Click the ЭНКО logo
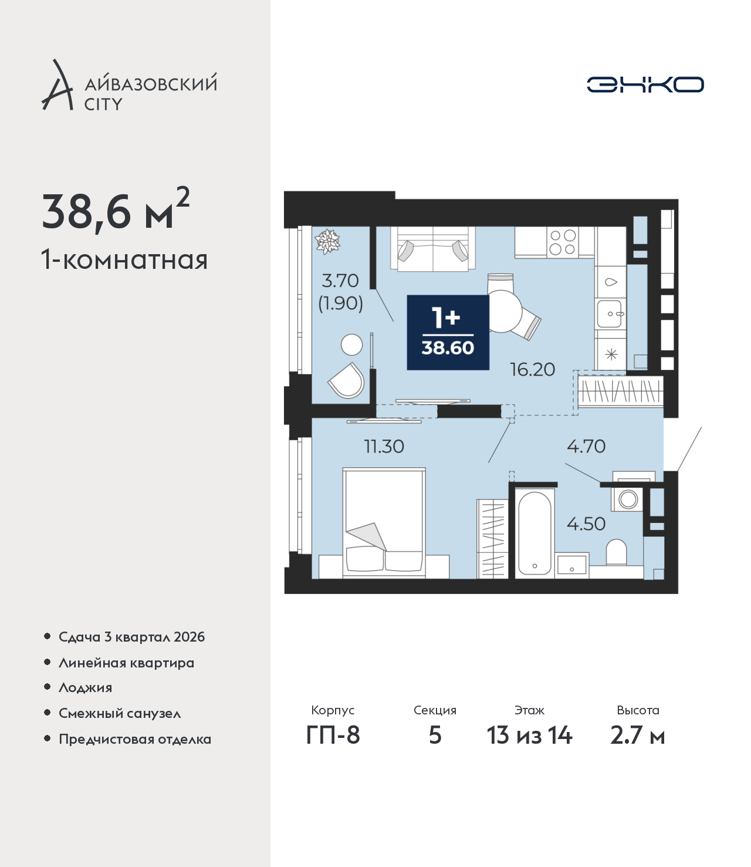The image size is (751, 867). point(645,85)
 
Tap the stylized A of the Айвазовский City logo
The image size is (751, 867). point(57,85)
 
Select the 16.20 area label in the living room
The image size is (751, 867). point(532,370)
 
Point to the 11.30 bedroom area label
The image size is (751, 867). point(384,447)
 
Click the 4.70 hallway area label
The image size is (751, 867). point(586,447)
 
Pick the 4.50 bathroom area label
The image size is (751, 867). point(586,524)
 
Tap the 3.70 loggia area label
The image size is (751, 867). point(340,281)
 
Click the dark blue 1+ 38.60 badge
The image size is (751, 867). point(448,333)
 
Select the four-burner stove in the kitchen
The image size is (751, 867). point(562,242)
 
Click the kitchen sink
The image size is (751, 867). point(610,313)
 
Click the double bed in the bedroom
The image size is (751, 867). point(384,522)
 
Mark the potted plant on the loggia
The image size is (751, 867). point(327,242)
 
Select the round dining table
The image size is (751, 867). point(503,311)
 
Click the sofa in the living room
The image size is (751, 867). point(433,249)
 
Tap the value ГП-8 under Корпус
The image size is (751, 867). point(333,735)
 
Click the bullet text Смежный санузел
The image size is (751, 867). point(120,713)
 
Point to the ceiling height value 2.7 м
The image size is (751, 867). point(637,735)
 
